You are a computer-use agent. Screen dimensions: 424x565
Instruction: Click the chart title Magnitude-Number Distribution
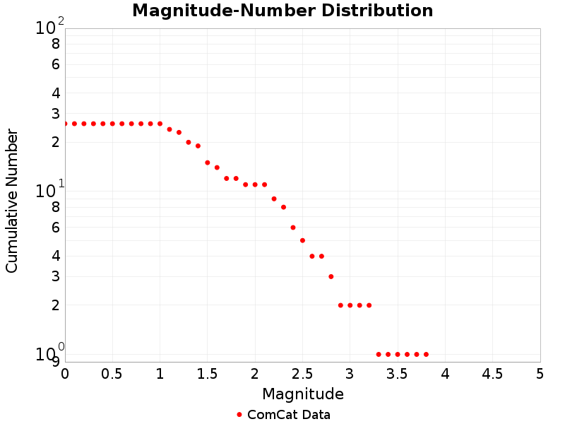tap(282, 11)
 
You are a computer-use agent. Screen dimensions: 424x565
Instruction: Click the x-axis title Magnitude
tap(303, 394)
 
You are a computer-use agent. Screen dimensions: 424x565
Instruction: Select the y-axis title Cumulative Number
tap(12, 201)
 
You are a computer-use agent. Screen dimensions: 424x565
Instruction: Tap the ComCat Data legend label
tap(288, 415)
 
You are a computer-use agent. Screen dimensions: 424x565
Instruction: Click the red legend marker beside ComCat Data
tap(239, 415)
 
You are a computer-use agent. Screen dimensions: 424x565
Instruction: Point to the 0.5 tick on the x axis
tap(112, 373)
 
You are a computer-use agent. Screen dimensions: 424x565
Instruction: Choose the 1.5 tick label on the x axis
tap(207, 373)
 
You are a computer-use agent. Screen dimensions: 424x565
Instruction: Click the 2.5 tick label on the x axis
tap(302, 373)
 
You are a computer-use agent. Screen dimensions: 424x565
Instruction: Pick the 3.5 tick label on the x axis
tap(397, 373)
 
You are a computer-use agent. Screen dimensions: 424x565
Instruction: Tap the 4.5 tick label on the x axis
tap(492, 373)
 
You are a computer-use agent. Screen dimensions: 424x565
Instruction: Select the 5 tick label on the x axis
tap(540, 373)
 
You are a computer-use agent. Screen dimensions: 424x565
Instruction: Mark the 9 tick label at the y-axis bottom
tap(55, 362)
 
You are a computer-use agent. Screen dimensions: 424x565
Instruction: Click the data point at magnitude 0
tap(65, 124)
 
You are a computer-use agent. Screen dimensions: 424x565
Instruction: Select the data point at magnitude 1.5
tap(208, 163)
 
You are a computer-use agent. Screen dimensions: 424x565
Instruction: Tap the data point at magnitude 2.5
tap(302, 240)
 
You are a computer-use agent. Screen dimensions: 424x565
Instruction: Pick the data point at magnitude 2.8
tap(331, 276)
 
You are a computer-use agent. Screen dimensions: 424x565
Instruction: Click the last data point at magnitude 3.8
tap(426, 354)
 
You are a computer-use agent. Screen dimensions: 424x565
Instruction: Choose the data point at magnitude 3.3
tap(379, 354)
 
